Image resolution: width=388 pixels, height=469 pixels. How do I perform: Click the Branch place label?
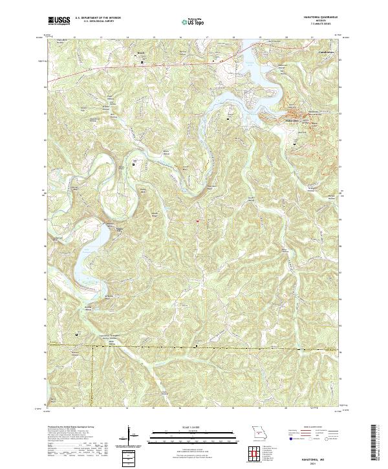coord(142,57)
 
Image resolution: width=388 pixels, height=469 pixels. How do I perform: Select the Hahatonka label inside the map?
coord(292,120)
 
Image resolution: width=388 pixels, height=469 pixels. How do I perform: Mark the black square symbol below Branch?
coord(143,62)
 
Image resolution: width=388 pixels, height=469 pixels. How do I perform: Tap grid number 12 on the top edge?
coord(76,38)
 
